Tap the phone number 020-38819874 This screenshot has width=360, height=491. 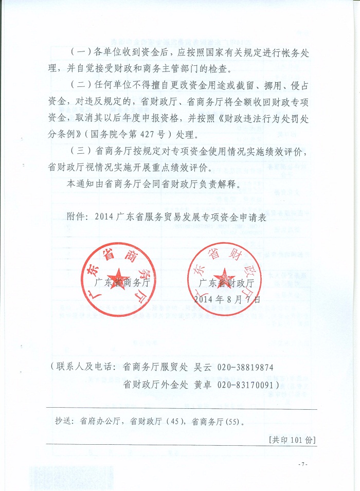click(246, 368)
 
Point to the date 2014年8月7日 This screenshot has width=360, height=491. click(227, 299)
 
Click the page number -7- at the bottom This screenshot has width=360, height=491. click(302, 464)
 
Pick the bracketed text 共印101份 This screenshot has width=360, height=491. click(292, 440)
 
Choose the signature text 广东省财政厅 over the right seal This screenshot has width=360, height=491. click(227, 283)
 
